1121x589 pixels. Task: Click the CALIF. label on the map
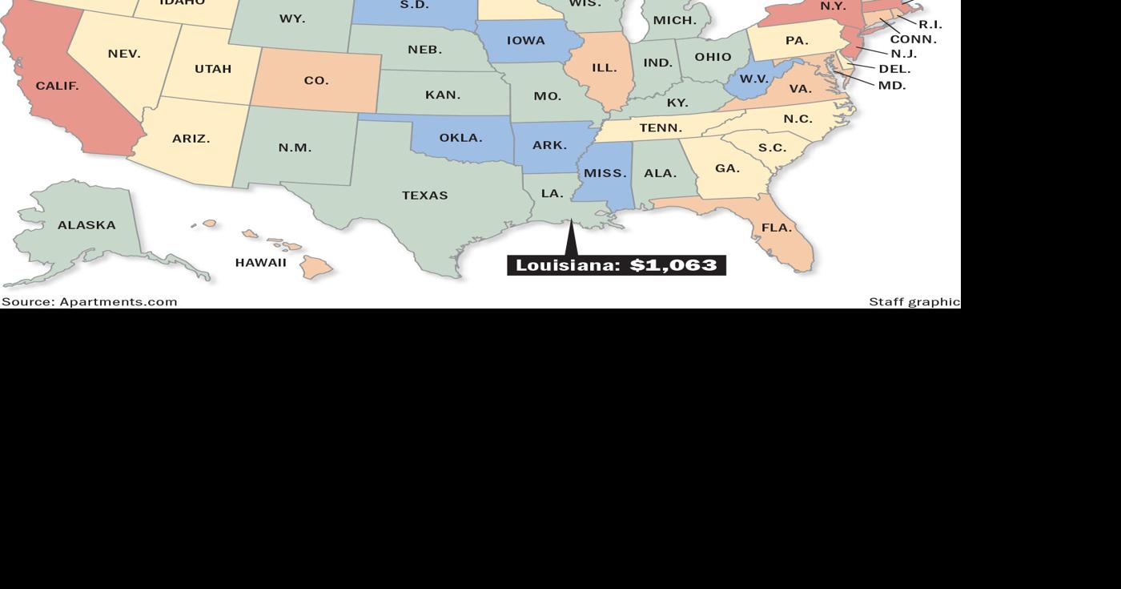[57, 86]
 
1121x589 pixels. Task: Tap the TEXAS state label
[424, 196]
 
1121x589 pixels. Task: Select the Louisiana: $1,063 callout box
[616, 265]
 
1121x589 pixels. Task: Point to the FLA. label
[776, 228]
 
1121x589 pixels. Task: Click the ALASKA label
[86, 225]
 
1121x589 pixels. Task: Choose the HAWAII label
[260, 263]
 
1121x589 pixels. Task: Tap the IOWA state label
[525, 41]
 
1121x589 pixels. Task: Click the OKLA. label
[460, 138]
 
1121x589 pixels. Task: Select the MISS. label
[605, 173]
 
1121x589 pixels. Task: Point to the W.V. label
[753, 79]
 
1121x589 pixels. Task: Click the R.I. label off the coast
[930, 25]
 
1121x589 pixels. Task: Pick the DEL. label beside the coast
[894, 70]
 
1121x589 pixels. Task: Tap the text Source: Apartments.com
[89, 302]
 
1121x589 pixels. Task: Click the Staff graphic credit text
[914, 302]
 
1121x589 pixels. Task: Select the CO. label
[316, 81]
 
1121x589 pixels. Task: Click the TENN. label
[661, 128]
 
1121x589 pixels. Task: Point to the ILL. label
[605, 68]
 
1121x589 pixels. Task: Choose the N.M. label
[295, 148]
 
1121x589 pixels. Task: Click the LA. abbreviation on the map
[552, 194]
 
